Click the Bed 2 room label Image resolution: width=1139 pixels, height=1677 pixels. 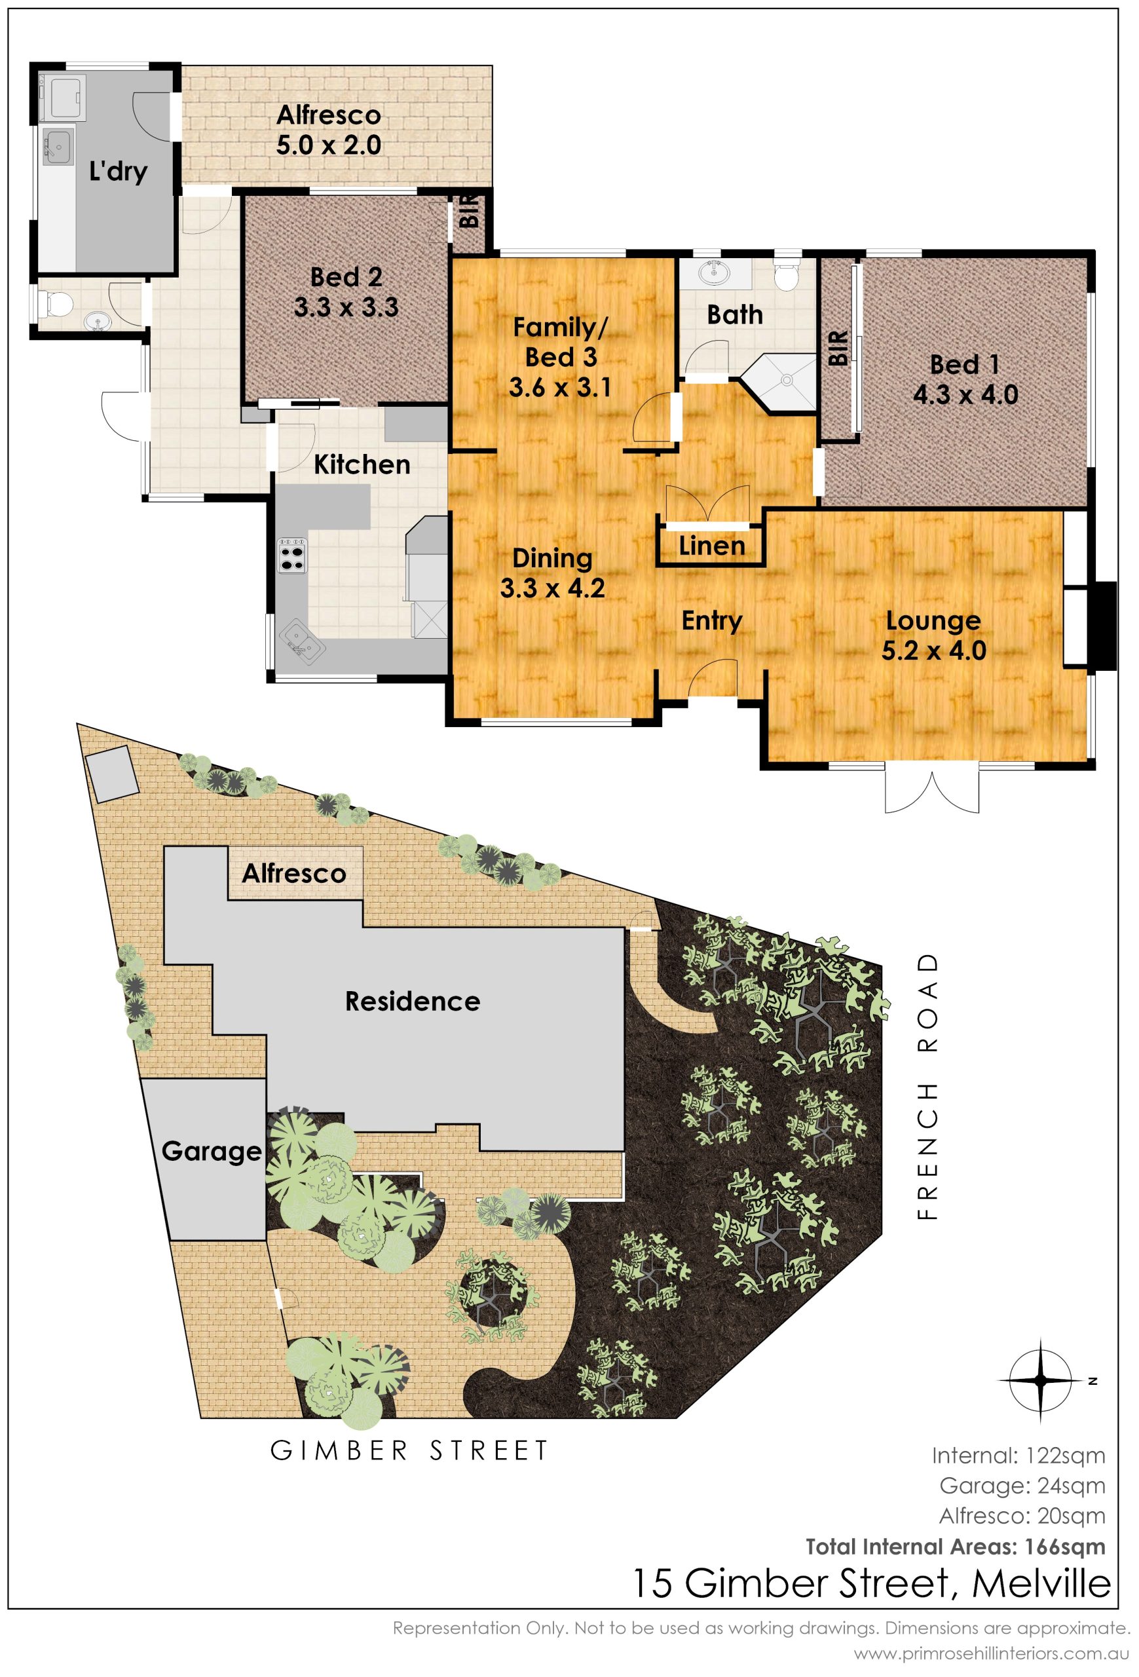(x=346, y=277)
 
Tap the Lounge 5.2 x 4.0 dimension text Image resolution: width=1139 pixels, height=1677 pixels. (x=933, y=651)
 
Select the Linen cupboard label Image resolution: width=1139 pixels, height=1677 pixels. (x=712, y=546)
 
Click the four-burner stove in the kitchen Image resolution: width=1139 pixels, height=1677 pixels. (x=292, y=554)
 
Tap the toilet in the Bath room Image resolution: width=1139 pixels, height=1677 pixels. (x=785, y=274)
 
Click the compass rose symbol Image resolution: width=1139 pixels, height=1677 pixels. (x=1041, y=1380)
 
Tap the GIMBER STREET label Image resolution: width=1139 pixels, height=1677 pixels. (x=409, y=1450)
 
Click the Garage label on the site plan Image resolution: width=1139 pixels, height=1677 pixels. (x=212, y=1152)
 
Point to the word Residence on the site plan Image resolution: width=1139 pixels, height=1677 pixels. (x=413, y=1002)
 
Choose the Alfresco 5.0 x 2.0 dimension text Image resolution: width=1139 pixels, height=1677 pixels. (x=329, y=145)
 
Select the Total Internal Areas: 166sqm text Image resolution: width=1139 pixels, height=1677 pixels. (x=956, y=1547)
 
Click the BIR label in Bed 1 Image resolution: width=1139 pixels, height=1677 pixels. (x=838, y=349)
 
